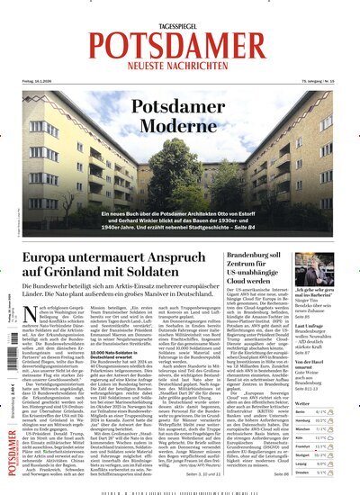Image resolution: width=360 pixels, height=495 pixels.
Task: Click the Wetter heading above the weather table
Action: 307,403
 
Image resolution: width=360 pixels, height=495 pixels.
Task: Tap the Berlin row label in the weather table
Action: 301,412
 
